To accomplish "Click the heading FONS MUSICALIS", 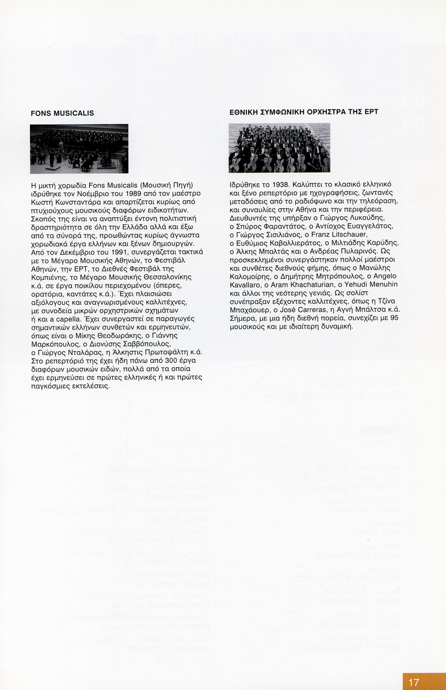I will pyautogui.click(x=62, y=113).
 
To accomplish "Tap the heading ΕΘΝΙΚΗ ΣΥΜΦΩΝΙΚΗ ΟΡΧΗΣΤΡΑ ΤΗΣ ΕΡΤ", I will pyautogui.click(x=303, y=112).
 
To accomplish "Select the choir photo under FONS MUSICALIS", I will pyautogui.click(x=79, y=148).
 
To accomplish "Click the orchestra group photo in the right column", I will pyautogui.click(x=279, y=148).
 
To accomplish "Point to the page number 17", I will pyautogui.click(x=414, y=683).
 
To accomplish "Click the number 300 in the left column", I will pyautogui.click(x=128, y=360).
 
